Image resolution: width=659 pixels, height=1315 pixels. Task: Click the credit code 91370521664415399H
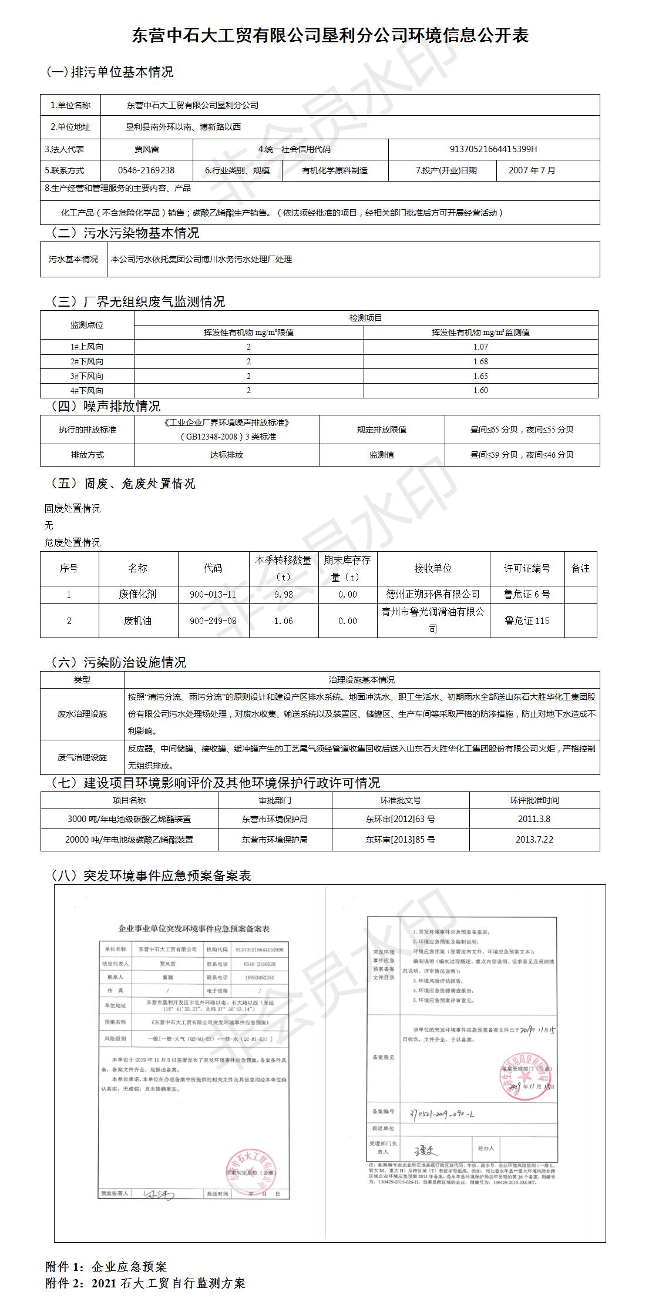pyautogui.click(x=493, y=149)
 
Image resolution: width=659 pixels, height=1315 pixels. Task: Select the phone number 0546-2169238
pyautogui.click(x=146, y=170)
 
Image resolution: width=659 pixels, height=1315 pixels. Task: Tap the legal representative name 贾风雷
pyautogui.click(x=146, y=149)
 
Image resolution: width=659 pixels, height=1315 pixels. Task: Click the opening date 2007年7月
pyautogui.click(x=532, y=170)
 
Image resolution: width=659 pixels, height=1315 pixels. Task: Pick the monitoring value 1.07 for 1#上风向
pyautogui.click(x=480, y=347)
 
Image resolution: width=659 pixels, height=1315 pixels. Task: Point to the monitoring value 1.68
pyautogui.click(x=480, y=361)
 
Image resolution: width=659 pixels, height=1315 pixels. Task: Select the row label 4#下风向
pyautogui.click(x=87, y=390)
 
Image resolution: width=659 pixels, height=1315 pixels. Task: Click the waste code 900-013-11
pyautogui.click(x=213, y=594)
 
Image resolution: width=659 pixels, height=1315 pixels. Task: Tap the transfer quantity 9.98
pyautogui.click(x=283, y=594)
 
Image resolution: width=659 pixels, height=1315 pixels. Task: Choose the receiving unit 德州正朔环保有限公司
pyautogui.click(x=432, y=594)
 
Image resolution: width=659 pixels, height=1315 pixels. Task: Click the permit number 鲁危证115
pyautogui.click(x=527, y=620)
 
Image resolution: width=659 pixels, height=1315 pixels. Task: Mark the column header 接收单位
pyautogui.click(x=432, y=568)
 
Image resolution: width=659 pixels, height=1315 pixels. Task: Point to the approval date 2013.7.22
pyautogui.click(x=534, y=839)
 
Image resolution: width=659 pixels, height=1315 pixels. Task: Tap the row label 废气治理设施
pyautogui.click(x=82, y=757)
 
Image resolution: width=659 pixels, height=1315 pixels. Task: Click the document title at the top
pyautogui.click(x=330, y=35)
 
